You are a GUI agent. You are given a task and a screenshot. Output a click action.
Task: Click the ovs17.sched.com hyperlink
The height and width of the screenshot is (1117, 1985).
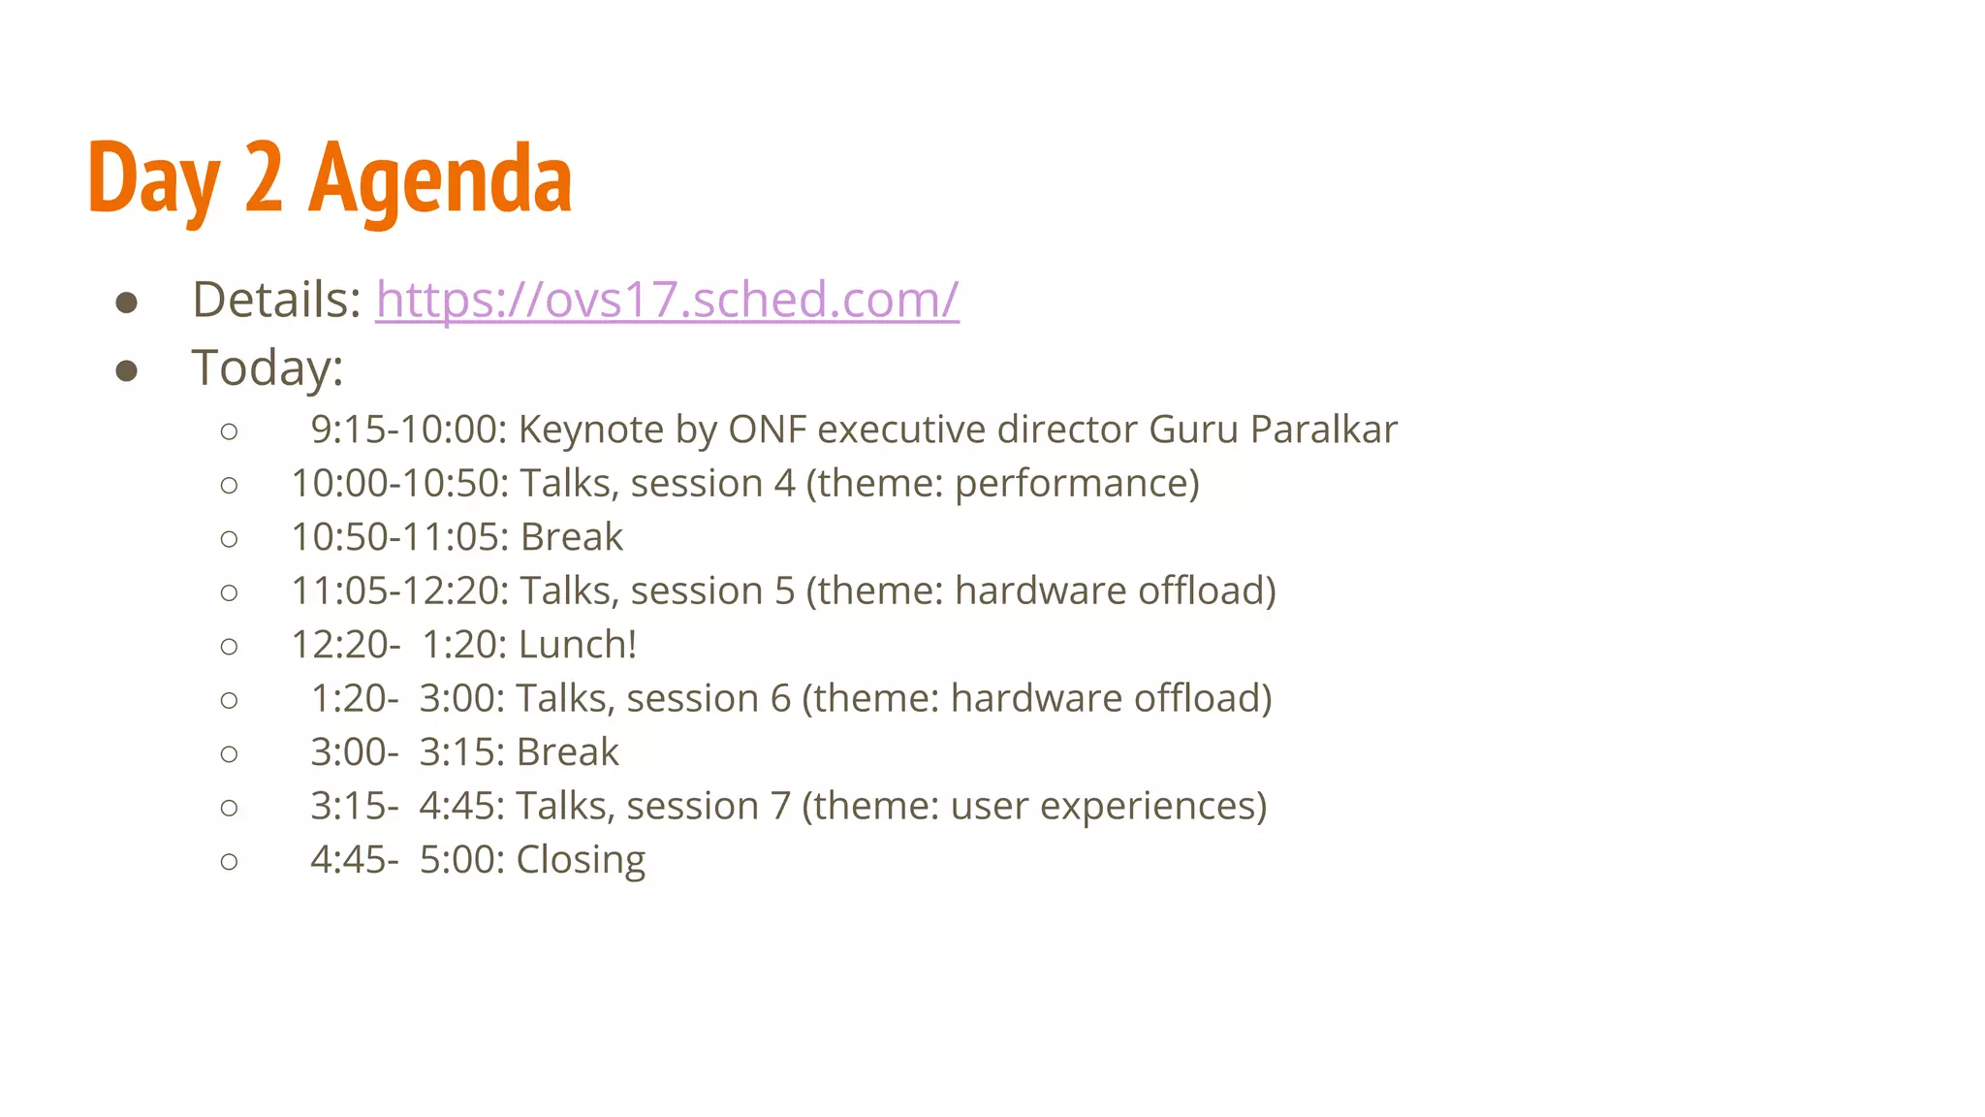(667, 300)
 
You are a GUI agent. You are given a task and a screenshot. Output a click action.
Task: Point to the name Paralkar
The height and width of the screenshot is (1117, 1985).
(1323, 430)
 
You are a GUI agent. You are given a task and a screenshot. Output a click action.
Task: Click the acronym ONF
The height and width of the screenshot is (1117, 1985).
(767, 430)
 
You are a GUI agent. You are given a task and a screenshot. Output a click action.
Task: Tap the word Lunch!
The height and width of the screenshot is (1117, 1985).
(578, 645)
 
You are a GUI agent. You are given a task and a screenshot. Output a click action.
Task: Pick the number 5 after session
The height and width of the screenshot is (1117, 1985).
(784, 591)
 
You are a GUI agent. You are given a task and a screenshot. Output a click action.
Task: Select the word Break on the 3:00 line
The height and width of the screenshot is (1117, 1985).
(568, 752)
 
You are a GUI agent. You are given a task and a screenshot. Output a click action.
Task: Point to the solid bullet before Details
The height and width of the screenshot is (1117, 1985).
(126, 303)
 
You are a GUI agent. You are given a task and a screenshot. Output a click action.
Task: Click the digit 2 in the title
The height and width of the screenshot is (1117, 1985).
(264, 179)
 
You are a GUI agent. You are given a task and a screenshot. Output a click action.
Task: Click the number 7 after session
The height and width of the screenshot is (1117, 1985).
(780, 807)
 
